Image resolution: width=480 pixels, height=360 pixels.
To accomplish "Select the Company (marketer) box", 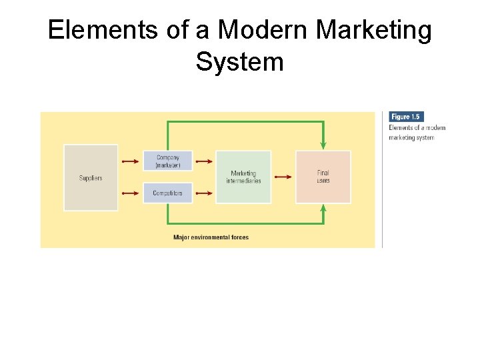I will (167, 161).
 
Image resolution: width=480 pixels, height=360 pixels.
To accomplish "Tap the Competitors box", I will (167, 193).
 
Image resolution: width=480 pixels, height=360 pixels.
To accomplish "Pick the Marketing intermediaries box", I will (243, 177).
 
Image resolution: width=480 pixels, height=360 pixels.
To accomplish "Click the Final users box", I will (323, 177).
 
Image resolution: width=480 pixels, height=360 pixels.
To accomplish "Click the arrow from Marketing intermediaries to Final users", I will (283, 177).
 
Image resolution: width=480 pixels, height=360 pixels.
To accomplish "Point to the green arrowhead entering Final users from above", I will (323, 145).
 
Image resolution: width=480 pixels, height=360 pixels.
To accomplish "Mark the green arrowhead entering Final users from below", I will (323, 209).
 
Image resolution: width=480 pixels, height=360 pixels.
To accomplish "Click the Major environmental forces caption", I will (211, 237).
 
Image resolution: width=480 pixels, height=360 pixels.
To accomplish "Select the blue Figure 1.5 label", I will (406, 117).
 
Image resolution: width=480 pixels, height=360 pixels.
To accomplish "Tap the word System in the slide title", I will (240, 62).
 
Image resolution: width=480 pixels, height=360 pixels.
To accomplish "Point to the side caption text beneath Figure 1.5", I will (417, 133).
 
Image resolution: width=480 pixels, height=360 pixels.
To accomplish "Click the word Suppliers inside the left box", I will (91, 178).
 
